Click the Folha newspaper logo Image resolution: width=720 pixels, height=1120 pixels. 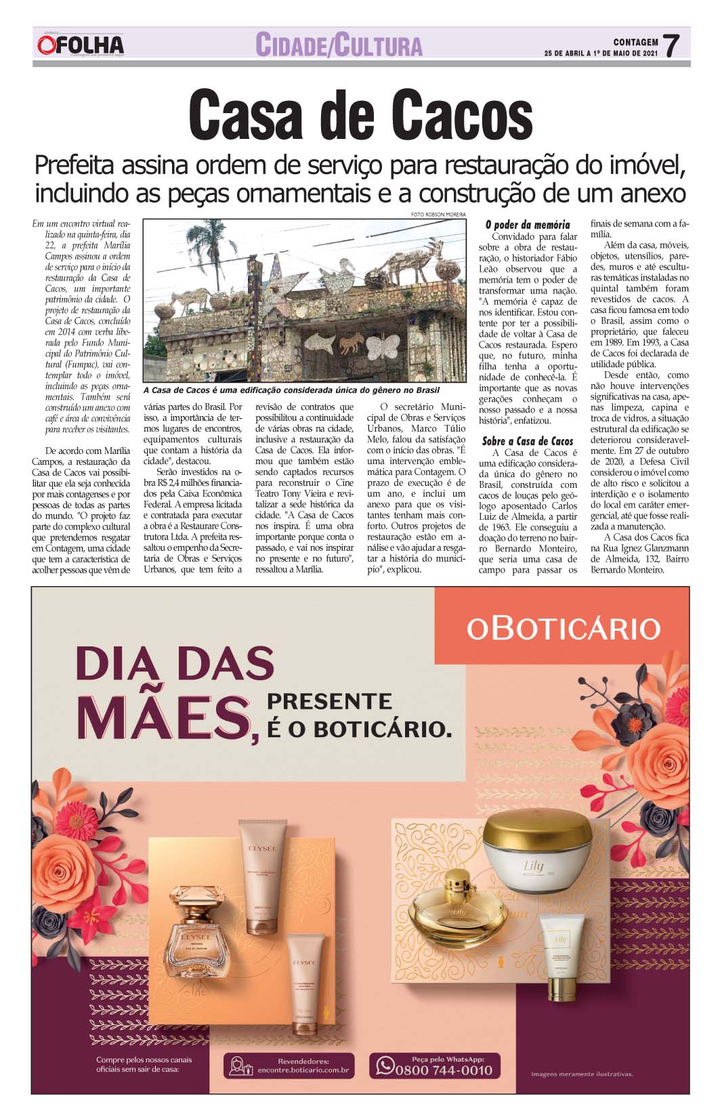pos(81,45)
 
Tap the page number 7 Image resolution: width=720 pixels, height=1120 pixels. pos(671,46)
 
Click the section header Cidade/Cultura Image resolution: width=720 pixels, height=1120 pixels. pos(339,45)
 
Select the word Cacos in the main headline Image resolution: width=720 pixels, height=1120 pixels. pos(460,116)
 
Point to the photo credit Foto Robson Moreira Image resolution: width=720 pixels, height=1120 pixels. pos(438,215)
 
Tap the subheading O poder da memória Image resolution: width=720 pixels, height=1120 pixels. pos(528,224)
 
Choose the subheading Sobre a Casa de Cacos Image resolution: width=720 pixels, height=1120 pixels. pos(528,441)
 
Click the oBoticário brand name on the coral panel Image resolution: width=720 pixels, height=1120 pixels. pos(563,628)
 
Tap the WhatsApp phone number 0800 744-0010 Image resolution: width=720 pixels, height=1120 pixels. pos(444,1070)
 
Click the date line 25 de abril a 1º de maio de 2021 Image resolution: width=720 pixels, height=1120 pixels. pos(601,54)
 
